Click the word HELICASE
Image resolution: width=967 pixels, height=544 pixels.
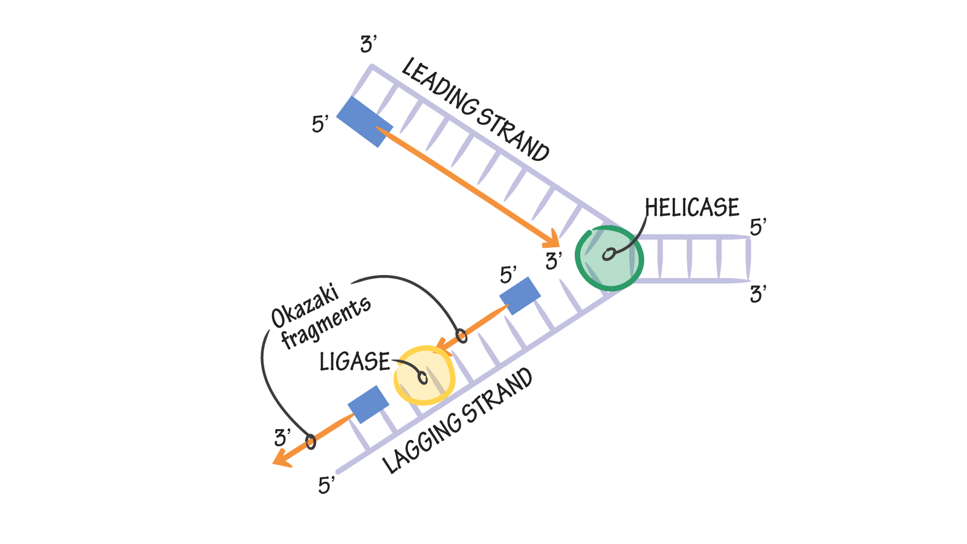tap(691, 208)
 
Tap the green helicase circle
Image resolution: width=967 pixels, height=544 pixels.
tap(609, 259)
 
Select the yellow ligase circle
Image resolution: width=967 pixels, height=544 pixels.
tap(424, 375)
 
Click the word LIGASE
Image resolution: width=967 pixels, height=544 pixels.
tap(355, 362)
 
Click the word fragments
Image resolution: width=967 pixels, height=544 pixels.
tap(326, 323)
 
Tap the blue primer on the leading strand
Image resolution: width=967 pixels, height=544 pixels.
tap(364, 121)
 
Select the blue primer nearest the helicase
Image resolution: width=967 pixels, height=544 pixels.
tap(520, 296)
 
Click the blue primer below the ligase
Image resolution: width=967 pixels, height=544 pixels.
tap(368, 404)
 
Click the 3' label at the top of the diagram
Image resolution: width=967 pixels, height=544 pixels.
tap(368, 45)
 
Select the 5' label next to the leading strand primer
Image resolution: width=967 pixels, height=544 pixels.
tap(320, 125)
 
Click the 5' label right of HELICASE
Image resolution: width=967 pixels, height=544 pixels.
tap(757, 228)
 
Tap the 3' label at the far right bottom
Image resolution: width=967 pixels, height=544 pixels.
tap(757, 295)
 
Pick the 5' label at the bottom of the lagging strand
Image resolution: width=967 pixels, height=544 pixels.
tap(326, 485)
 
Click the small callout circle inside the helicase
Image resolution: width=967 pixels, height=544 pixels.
tap(609, 254)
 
